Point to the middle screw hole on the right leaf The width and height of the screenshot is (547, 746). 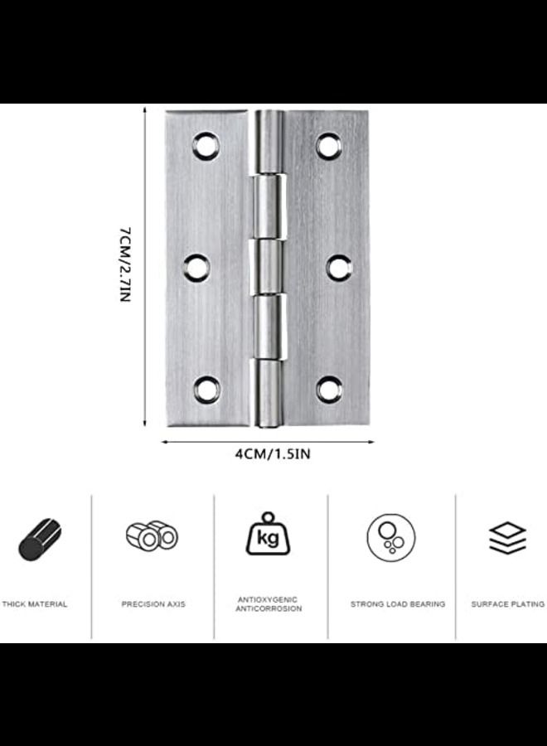click(338, 266)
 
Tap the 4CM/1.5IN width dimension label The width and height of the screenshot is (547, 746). click(267, 453)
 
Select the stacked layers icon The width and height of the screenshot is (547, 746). click(507, 538)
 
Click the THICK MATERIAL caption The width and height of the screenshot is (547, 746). click(35, 604)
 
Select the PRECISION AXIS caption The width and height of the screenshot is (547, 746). click(153, 604)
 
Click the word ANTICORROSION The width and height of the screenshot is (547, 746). click(269, 609)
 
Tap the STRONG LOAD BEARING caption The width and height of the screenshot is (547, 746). click(397, 604)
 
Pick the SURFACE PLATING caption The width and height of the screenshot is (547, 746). click(507, 604)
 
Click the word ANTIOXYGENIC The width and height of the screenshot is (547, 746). click(269, 599)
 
